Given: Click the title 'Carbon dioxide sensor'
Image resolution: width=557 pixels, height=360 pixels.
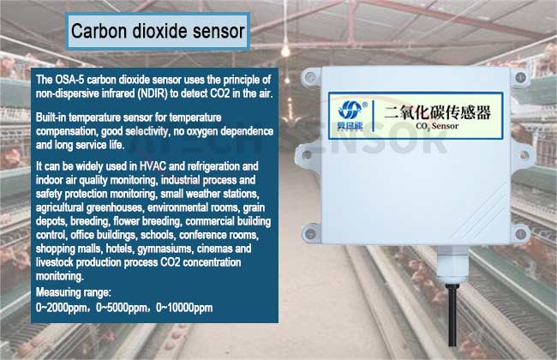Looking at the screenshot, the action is pos(158,31).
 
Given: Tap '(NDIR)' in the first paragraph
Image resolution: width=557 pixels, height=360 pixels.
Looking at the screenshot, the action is pos(152,93).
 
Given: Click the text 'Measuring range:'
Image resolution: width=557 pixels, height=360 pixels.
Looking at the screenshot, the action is pos(74,292).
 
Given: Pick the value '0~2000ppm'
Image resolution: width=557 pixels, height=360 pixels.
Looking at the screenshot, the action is pos(61,308).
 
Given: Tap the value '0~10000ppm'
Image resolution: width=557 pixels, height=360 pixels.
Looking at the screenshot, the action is pos(184,308).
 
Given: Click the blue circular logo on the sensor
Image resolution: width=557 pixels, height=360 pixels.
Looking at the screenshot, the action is pos(350,110).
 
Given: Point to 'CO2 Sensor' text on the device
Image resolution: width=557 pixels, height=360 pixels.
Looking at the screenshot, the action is pos(437,126).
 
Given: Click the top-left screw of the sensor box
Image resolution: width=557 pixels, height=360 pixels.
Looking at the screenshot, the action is pos(310,77).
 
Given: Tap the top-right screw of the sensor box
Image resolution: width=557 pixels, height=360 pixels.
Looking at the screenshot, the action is pos(520,77).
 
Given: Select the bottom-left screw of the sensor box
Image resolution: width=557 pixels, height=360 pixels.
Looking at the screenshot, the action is pos(311,234).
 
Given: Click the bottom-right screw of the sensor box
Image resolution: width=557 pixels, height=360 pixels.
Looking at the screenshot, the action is pos(521,233).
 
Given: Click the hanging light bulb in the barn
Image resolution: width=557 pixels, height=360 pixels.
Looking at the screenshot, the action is pos(285,51).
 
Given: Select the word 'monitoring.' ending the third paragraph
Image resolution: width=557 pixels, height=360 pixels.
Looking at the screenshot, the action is pos(60,277).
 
